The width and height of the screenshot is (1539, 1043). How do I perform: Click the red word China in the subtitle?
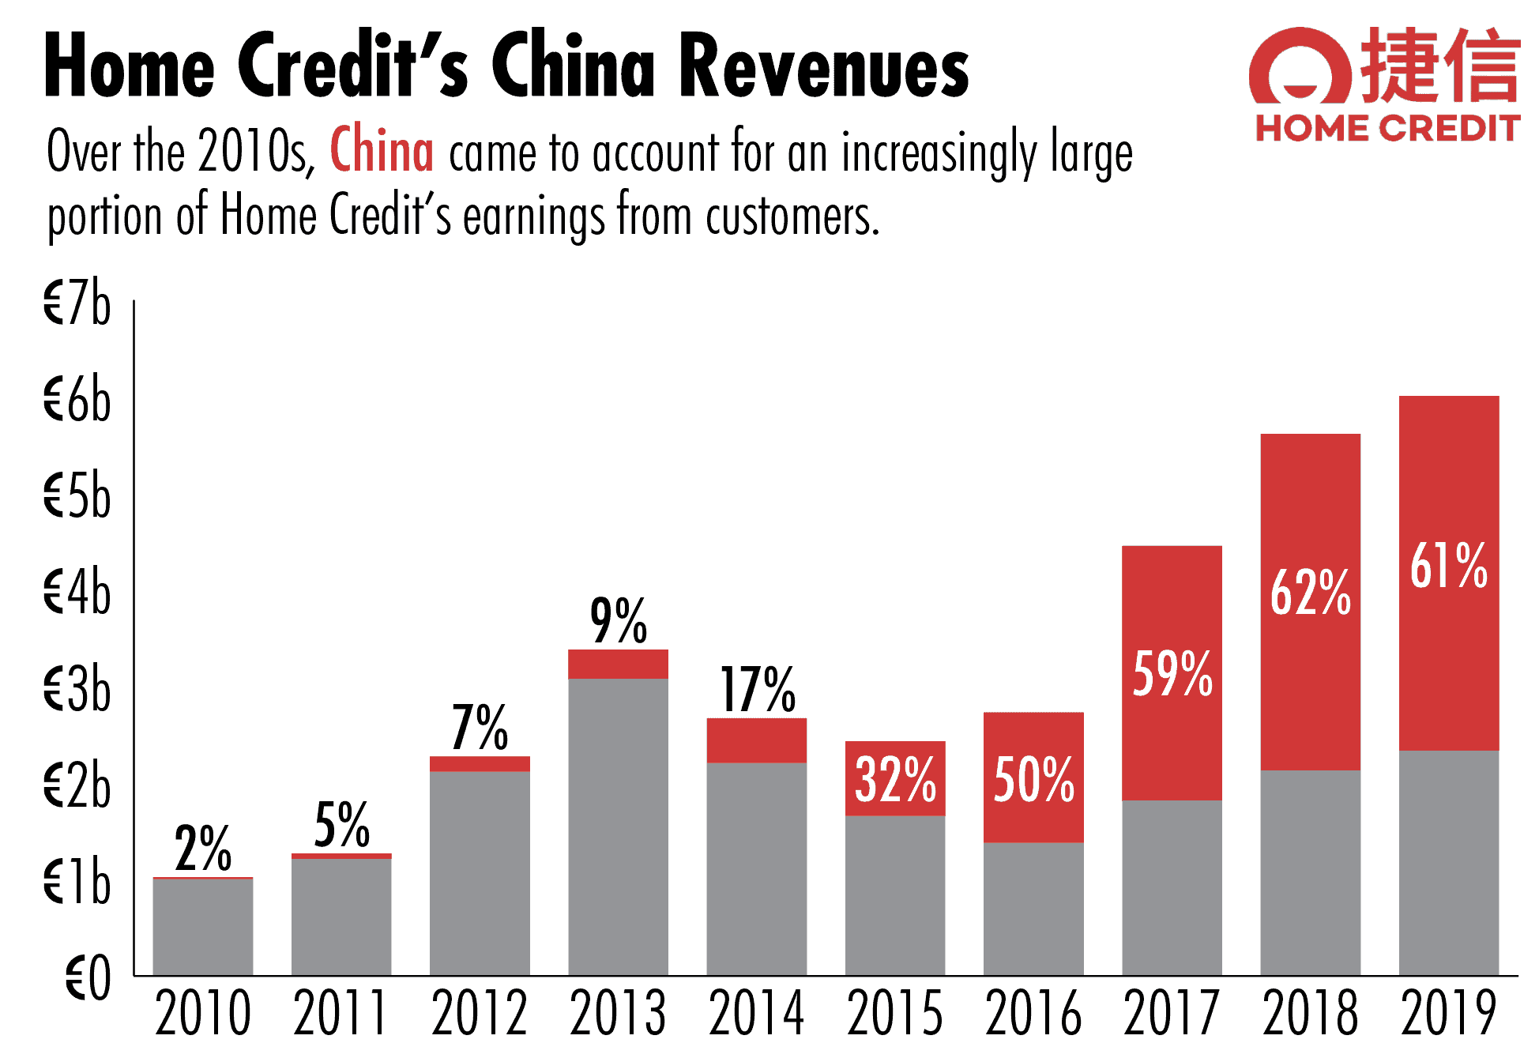click(382, 149)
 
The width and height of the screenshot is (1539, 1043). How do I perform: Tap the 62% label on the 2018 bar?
click(1310, 592)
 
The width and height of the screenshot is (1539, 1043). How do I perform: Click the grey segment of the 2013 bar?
click(618, 826)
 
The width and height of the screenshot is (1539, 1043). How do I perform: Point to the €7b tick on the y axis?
click(77, 303)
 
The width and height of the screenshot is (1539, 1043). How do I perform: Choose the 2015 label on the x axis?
click(895, 1012)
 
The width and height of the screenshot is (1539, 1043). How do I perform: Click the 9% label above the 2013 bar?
click(619, 621)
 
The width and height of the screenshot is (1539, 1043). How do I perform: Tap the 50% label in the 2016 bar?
click(1033, 780)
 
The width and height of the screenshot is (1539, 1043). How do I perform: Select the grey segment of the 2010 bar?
click(203, 926)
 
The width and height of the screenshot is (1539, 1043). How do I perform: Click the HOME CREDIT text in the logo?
click(1387, 128)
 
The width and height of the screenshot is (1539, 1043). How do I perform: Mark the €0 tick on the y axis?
click(88, 978)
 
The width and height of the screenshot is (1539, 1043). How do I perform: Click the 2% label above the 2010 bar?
click(203, 849)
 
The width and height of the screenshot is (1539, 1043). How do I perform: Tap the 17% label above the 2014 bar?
click(757, 690)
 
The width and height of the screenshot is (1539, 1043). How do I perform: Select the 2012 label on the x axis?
click(480, 1012)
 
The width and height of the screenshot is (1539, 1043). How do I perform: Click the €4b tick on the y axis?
click(77, 592)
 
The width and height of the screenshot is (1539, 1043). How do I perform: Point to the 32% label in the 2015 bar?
click(895, 780)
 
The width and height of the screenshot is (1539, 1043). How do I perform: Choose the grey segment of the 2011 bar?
click(341, 917)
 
